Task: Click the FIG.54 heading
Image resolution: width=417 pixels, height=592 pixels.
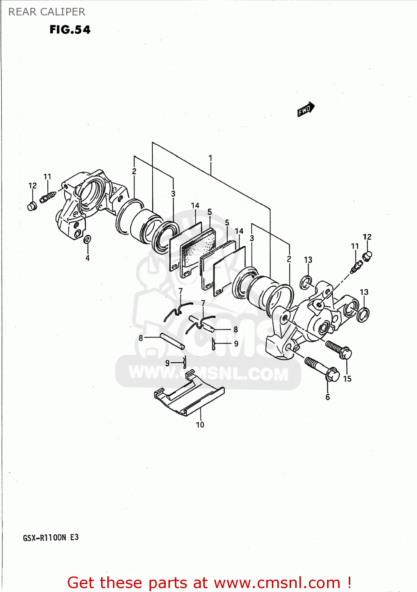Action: coord(70,30)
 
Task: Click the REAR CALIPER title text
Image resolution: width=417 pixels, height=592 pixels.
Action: coord(47,12)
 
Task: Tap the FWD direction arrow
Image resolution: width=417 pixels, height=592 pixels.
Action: coord(306,109)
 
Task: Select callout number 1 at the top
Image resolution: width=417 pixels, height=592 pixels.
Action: coord(210,158)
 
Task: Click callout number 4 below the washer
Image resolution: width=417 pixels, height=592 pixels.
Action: coord(88,258)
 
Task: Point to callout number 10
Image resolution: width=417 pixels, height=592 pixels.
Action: coord(200,425)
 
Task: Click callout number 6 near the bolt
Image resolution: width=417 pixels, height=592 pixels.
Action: coord(327,397)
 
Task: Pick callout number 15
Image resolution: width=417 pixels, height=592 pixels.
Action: coord(347,379)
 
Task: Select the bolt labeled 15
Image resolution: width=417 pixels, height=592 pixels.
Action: coord(338,349)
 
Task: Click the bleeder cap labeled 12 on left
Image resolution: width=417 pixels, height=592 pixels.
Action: coord(32,206)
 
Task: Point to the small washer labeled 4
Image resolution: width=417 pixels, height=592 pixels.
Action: coord(88,239)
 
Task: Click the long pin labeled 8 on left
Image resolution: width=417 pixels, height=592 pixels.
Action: coord(172,341)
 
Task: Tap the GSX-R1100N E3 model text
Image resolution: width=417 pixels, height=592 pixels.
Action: coord(51,538)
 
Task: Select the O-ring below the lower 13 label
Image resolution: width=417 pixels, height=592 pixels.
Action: coord(363,314)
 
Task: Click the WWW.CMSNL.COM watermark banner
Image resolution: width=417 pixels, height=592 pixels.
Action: coord(208,373)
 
